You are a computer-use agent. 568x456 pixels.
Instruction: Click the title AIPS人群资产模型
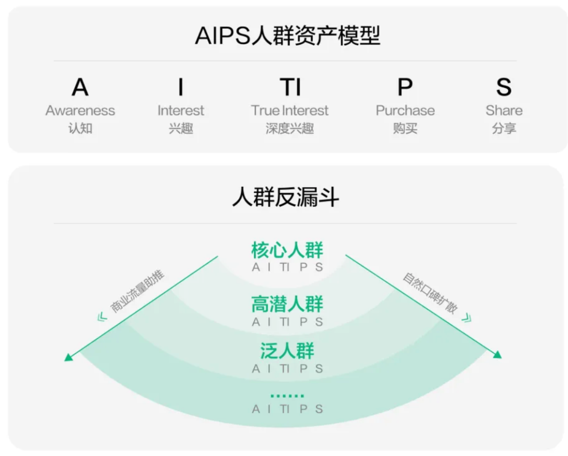287,36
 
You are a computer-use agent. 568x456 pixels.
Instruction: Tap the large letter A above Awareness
80,87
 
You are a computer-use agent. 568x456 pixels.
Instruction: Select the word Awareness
80,110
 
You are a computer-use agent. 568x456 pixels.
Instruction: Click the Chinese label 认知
80,128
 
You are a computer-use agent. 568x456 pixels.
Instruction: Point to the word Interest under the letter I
181,110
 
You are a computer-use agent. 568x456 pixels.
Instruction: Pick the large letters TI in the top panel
290,87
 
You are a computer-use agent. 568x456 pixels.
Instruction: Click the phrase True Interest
290,110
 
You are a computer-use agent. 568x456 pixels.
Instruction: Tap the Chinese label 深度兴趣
290,128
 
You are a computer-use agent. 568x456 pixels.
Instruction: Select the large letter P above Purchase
405,87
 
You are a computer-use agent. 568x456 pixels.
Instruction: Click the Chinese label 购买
405,128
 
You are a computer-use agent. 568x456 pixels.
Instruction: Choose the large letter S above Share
503,87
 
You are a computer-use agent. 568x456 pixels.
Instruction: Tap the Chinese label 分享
503,128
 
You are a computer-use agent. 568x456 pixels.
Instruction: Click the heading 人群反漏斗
286,198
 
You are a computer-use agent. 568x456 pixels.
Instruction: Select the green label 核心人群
287,250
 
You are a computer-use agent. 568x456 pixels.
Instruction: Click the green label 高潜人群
287,305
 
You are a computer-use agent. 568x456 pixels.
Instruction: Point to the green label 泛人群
287,351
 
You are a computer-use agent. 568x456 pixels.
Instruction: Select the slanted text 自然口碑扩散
430,293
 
